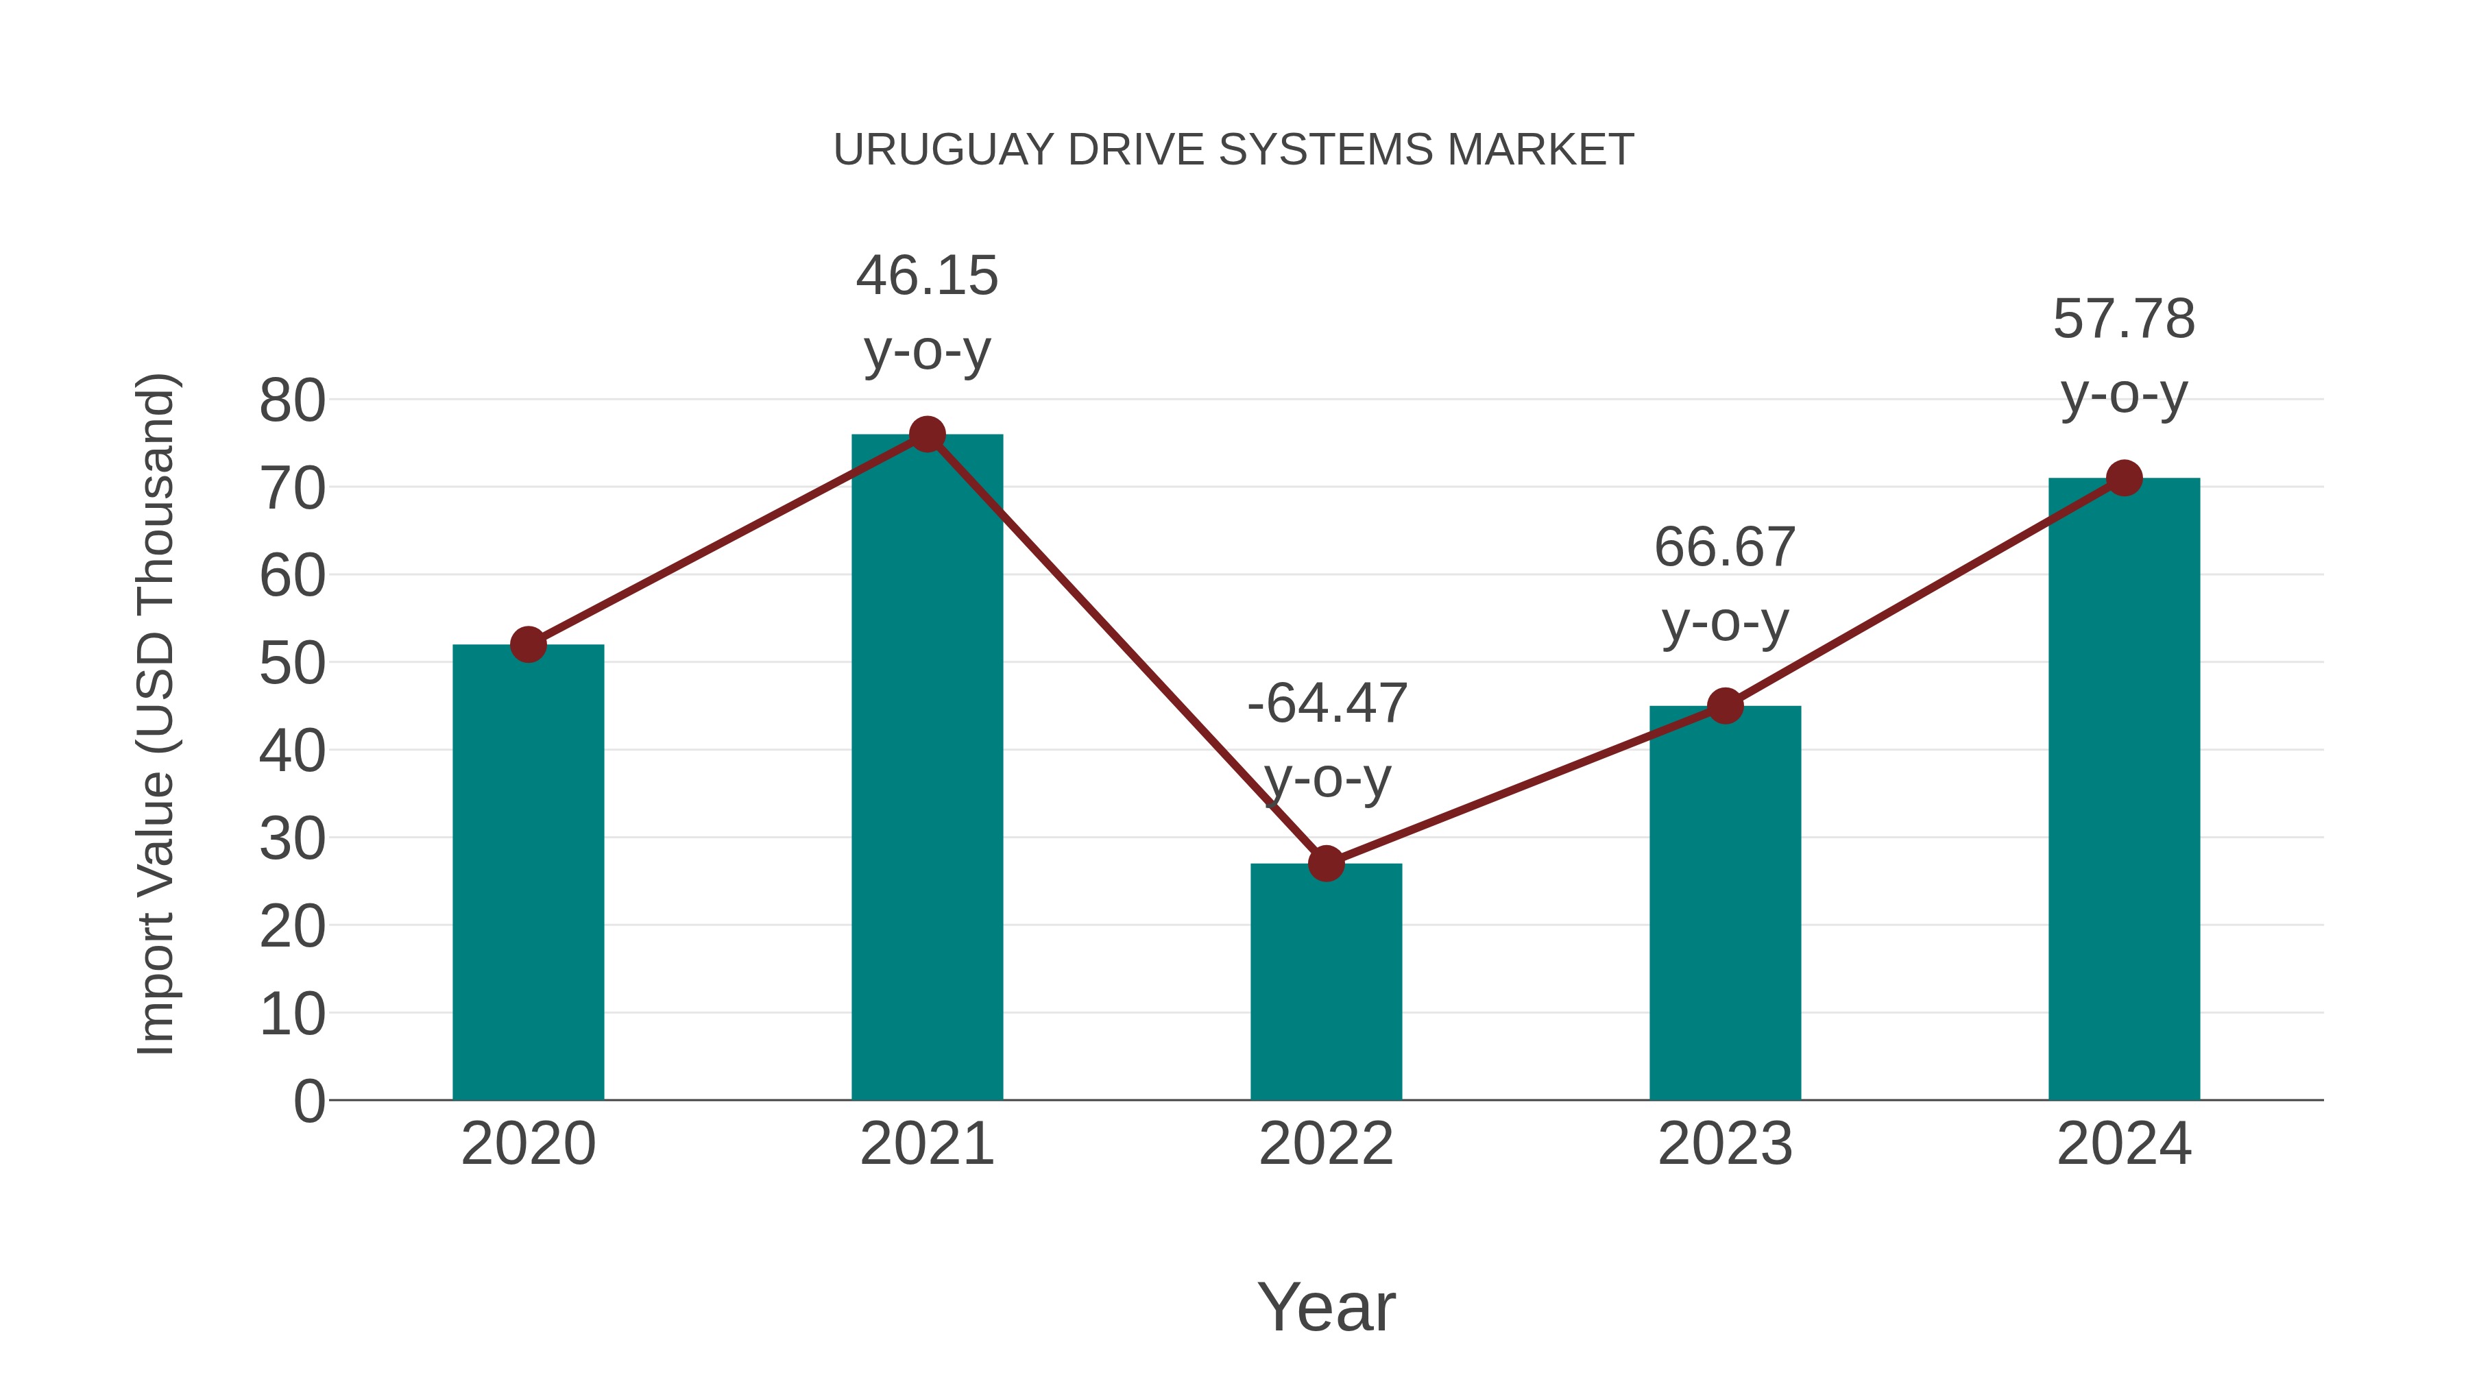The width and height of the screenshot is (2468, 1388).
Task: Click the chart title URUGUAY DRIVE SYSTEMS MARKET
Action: (x=1233, y=150)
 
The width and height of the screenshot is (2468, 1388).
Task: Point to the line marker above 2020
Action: (x=528, y=645)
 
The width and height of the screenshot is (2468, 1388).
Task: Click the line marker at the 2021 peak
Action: (x=926, y=435)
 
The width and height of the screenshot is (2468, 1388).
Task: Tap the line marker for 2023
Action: (x=1725, y=706)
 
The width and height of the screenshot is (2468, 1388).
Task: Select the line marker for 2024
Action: (x=2124, y=478)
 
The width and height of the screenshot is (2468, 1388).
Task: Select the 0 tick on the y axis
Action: (x=309, y=1101)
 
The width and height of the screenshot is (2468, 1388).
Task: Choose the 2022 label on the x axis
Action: (x=1326, y=1144)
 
